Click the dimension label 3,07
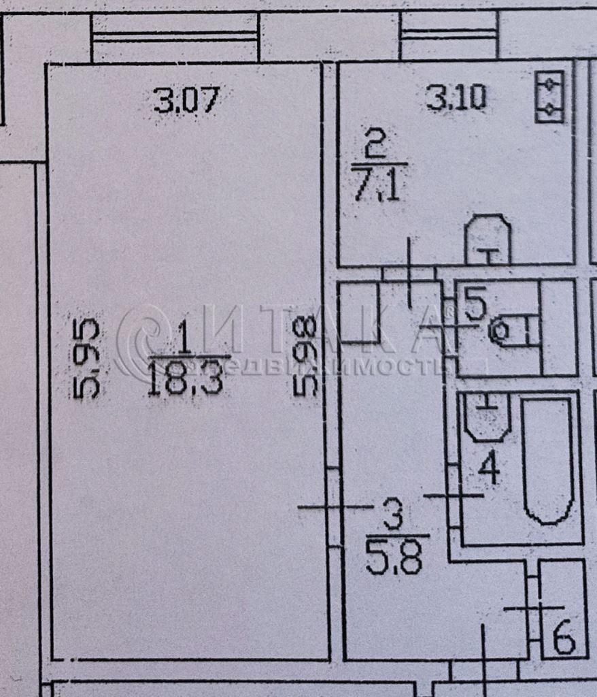coord(186,101)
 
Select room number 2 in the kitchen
coord(376,145)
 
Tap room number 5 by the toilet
coord(475,304)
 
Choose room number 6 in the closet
coord(564,638)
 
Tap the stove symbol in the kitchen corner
coord(549,98)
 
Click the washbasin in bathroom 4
coord(487,415)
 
